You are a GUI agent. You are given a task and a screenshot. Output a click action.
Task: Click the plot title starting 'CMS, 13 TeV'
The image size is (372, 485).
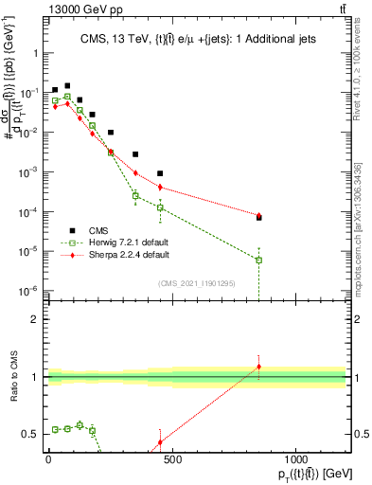click(x=204, y=37)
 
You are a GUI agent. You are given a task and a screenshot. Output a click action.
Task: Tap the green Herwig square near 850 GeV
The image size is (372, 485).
click(x=258, y=260)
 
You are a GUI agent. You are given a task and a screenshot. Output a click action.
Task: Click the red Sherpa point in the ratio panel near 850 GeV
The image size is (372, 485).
click(x=258, y=367)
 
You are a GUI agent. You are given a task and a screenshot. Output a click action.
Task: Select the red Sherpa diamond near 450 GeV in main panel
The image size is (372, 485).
click(x=160, y=187)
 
